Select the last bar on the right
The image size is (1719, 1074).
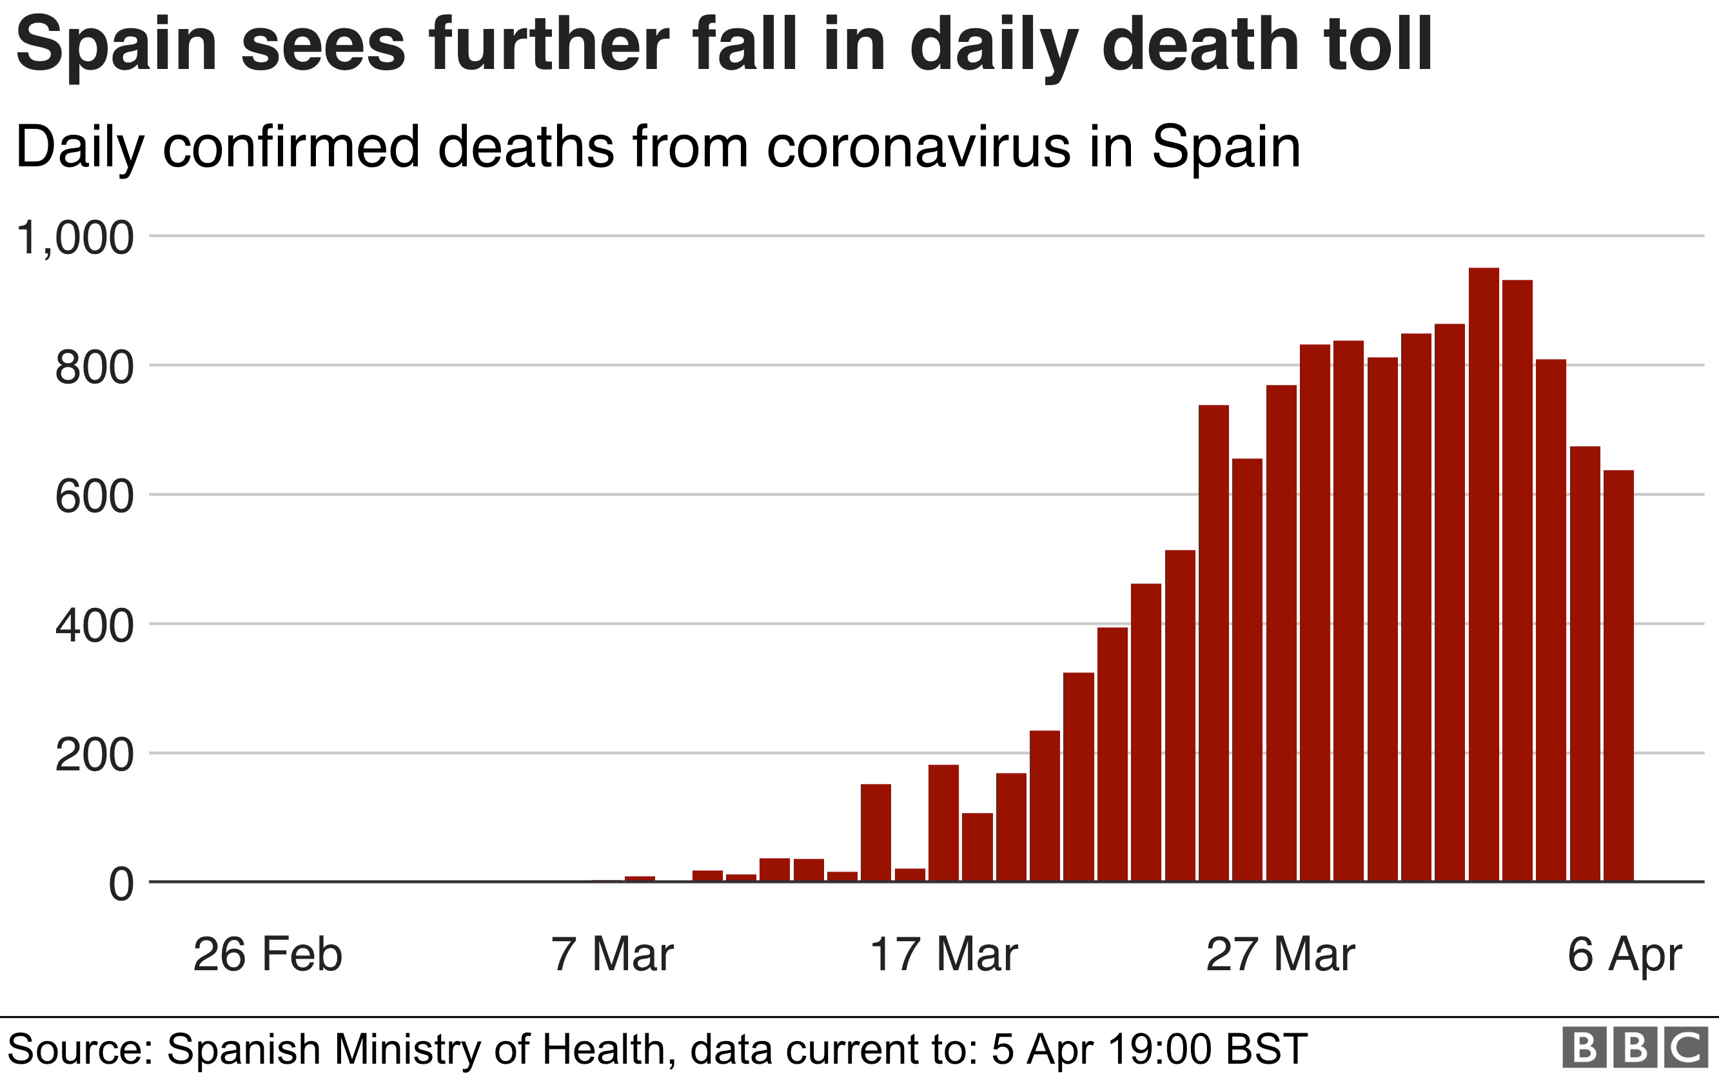click(x=1618, y=676)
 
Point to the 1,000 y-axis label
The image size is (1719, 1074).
click(x=75, y=237)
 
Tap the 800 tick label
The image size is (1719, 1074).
click(x=93, y=367)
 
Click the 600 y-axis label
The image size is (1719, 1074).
click(x=93, y=496)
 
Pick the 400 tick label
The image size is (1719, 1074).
click(x=93, y=626)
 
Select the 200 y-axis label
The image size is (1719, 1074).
click(x=93, y=755)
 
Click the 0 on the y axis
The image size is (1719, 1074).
click(x=121, y=884)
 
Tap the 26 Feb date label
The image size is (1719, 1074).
click(x=267, y=954)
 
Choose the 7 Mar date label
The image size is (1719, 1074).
click(x=612, y=954)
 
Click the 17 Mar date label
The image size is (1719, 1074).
click(x=943, y=954)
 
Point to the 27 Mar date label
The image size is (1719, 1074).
click(x=1280, y=954)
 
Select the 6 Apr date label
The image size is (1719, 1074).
click(x=1624, y=954)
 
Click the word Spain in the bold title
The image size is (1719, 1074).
click(x=117, y=46)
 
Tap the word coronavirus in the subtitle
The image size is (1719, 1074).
click(x=918, y=147)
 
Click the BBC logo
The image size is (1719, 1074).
click(x=1635, y=1047)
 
